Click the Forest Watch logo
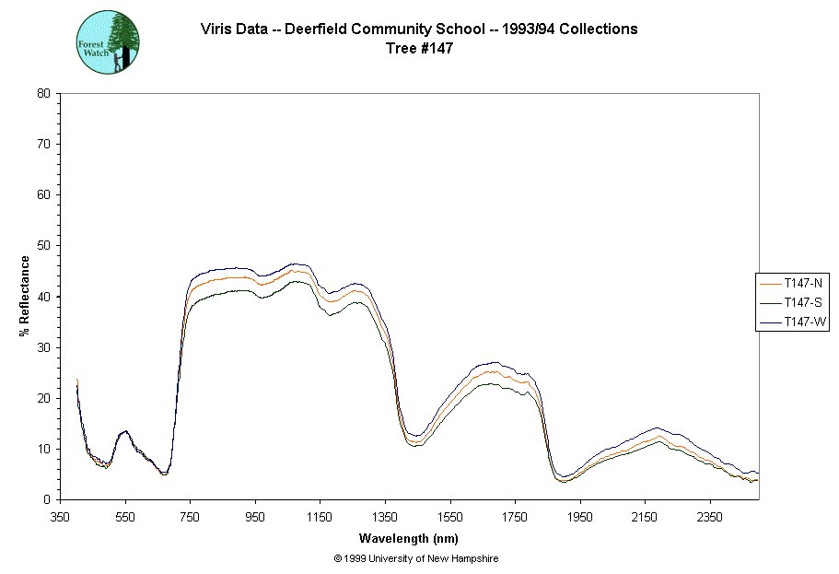108,42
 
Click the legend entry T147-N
798,282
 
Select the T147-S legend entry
798,302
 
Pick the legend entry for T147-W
798,322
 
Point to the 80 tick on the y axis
43,93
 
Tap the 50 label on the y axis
43,246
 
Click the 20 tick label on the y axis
43,398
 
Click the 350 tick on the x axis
61,517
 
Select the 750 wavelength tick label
191,517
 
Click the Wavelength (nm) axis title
409,539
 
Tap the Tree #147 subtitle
419,49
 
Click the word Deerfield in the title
316,29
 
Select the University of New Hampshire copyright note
416,558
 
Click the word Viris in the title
217,29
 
